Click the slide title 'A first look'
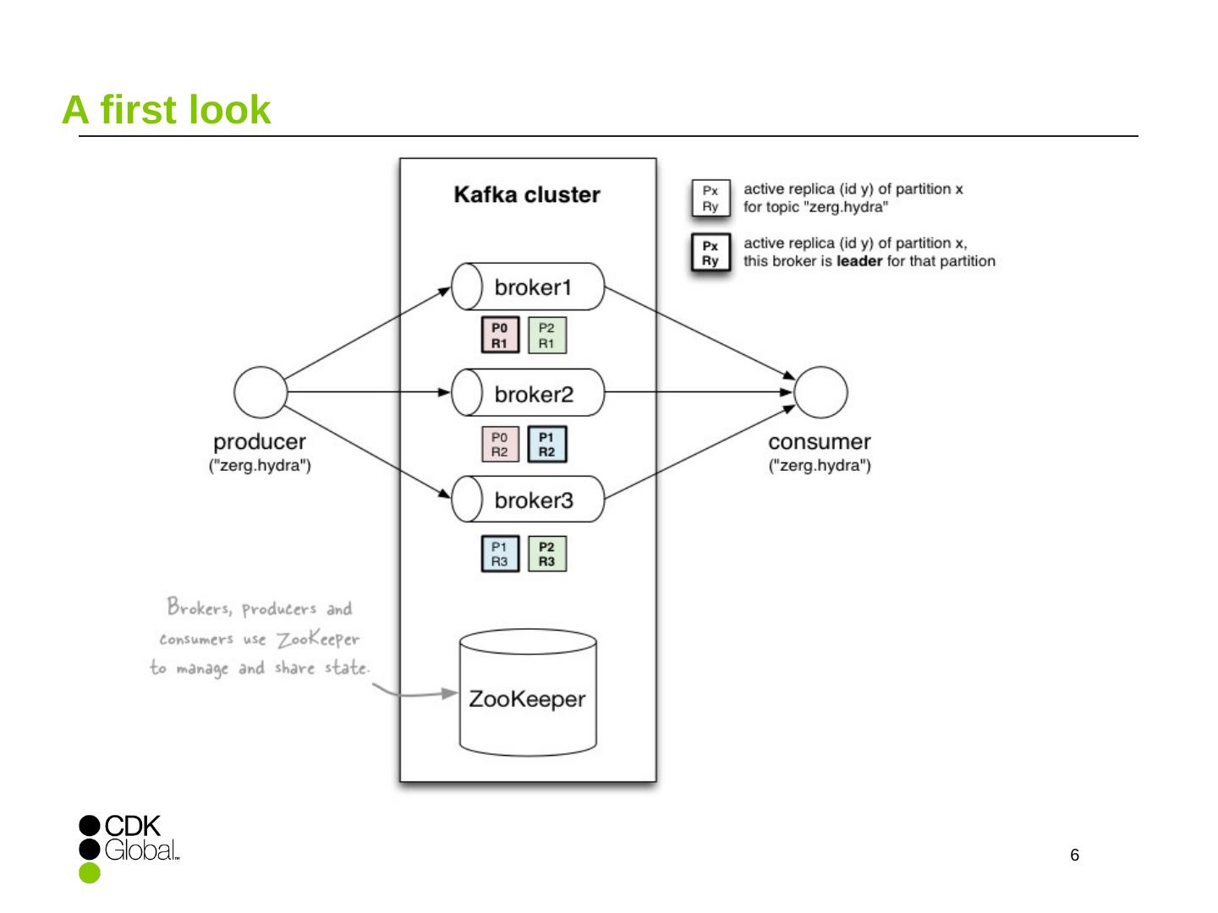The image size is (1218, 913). point(167,110)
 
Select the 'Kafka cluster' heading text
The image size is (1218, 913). point(527,195)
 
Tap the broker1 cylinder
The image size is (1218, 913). point(528,287)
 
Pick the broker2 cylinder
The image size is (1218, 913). point(528,393)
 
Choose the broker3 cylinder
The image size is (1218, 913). point(528,500)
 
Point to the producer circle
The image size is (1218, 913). point(261,392)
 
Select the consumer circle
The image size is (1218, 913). point(820,392)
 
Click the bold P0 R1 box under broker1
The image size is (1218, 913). point(500,336)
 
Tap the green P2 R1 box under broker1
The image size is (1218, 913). point(546,336)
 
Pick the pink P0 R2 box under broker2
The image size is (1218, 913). point(500,445)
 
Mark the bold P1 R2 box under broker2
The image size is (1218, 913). point(546,445)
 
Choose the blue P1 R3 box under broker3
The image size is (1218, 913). point(500,554)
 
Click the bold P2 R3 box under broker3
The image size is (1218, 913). point(546,554)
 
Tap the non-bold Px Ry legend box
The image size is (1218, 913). point(710,198)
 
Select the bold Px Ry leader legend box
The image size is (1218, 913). point(710,253)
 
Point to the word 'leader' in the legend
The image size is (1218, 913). point(859,261)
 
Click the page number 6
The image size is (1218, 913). point(1074,856)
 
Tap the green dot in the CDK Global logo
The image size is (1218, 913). point(90,872)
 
